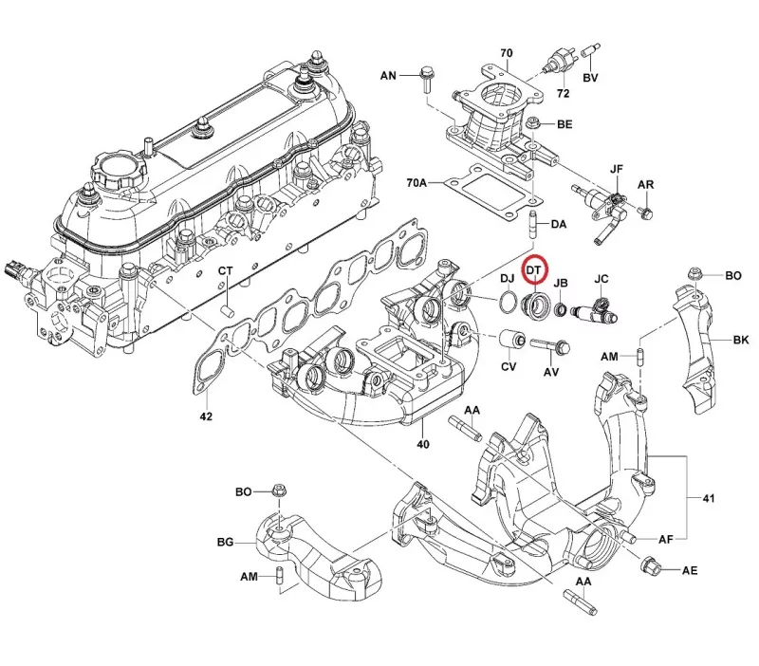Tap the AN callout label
click(x=389, y=74)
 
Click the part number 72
click(x=563, y=95)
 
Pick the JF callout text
click(x=617, y=169)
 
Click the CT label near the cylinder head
click(x=225, y=271)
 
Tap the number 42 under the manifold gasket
click(x=206, y=416)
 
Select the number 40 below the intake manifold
click(x=423, y=445)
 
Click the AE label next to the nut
click(x=690, y=570)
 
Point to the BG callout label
click(x=225, y=543)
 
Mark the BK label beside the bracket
click(x=741, y=339)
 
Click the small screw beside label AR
click(x=645, y=210)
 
